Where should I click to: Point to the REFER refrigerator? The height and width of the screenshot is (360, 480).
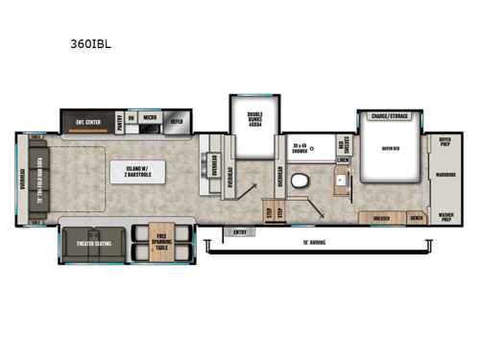tap(177, 122)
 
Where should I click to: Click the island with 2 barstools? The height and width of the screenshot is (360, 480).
tap(134, 174)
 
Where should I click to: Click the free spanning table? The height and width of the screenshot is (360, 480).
tap(153, 243)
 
